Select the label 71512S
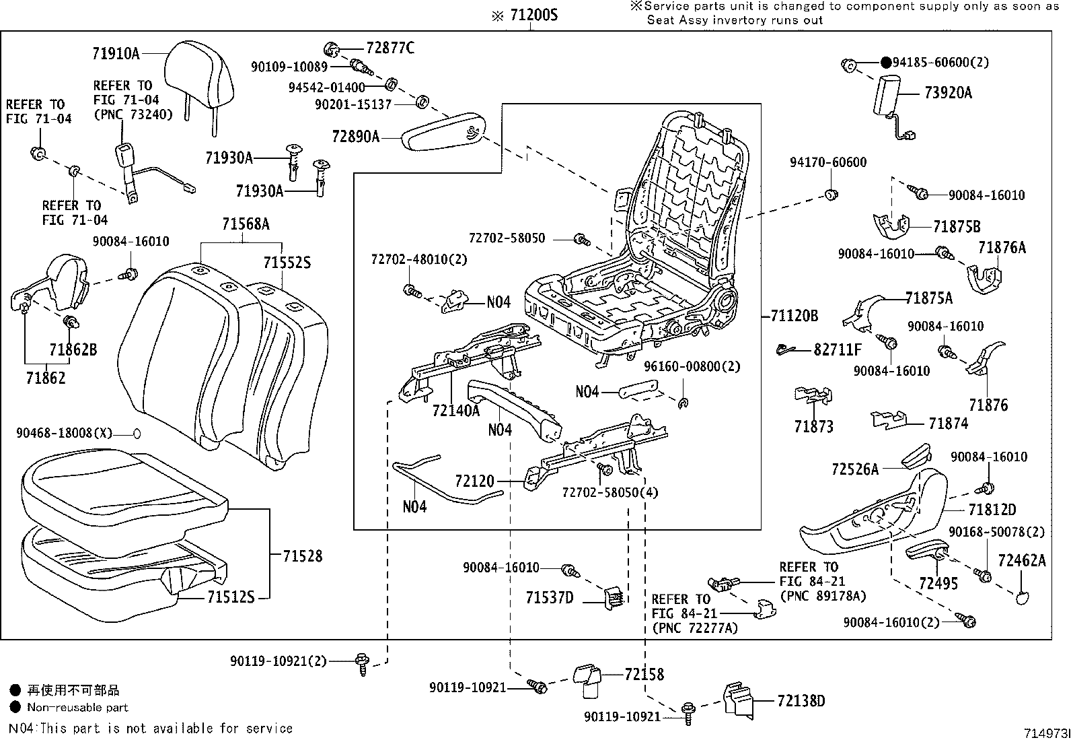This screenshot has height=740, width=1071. (231, 597)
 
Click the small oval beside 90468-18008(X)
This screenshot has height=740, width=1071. (137, 433)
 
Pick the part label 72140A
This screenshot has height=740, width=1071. (455, 411)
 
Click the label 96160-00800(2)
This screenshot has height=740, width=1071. (691, 367)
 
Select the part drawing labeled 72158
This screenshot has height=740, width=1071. (587, 680)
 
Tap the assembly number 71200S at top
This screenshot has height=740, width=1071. (533, 15)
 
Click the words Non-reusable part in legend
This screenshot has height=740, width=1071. (77, 708)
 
